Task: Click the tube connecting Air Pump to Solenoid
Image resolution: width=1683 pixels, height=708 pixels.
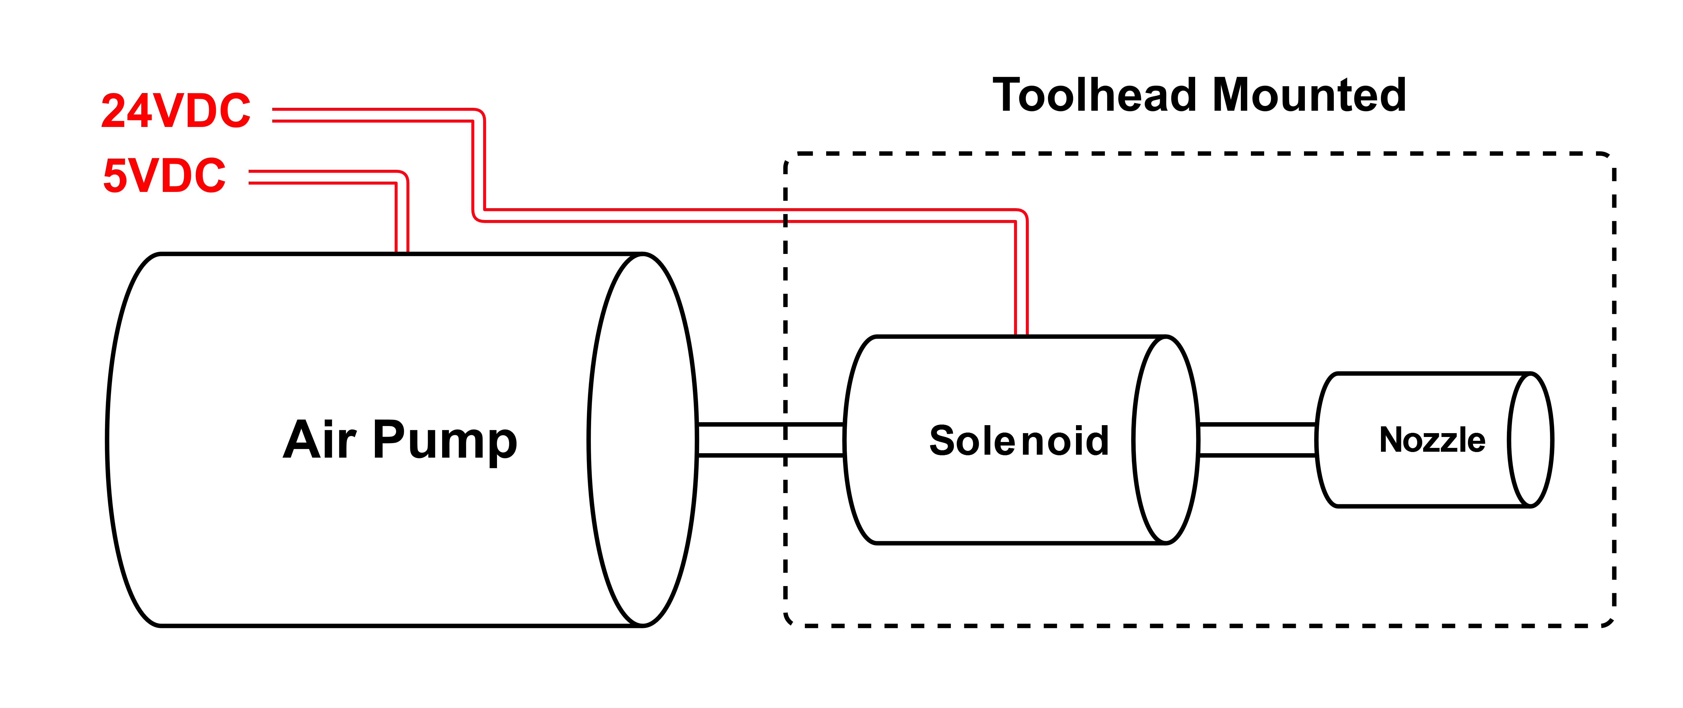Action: tap(771, 439)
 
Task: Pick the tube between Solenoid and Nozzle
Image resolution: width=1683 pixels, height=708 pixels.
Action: tap(1258, 439)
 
